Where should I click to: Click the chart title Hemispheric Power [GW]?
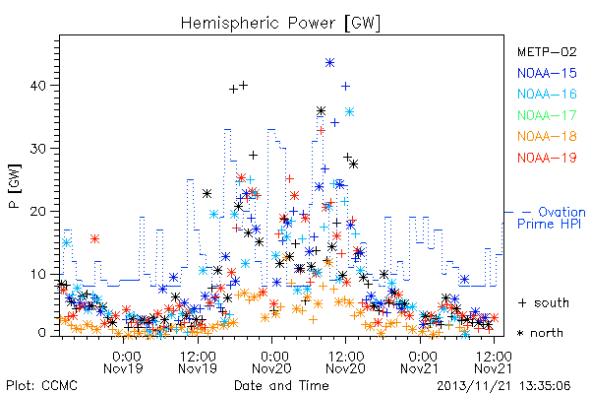tap(280, 24)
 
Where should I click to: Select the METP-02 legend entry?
tap(547, 52)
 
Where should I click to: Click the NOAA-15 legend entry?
tap(547, 73)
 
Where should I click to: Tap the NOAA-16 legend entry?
tap(547, 94)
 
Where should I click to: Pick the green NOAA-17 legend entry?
tap(547, 115)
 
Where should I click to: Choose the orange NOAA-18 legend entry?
tap(547, 136)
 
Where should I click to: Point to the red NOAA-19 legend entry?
tap(547, 158)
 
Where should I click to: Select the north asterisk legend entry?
tap(540, 333)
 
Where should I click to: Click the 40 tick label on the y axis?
tap(38, 86)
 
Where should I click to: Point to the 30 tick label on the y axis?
tap(38, 149)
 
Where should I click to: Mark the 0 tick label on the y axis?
tap(41, 333)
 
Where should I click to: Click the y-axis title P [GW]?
tap(15, 186)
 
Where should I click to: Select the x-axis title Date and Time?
tap(281, 385)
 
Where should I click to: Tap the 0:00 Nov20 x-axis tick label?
tap(271, 362)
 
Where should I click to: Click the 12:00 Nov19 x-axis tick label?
tap(198, 362)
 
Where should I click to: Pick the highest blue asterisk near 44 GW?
tap(329, 63)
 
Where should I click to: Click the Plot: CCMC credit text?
tap(41, 385)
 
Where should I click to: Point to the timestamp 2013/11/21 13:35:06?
tap(503, 386)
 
